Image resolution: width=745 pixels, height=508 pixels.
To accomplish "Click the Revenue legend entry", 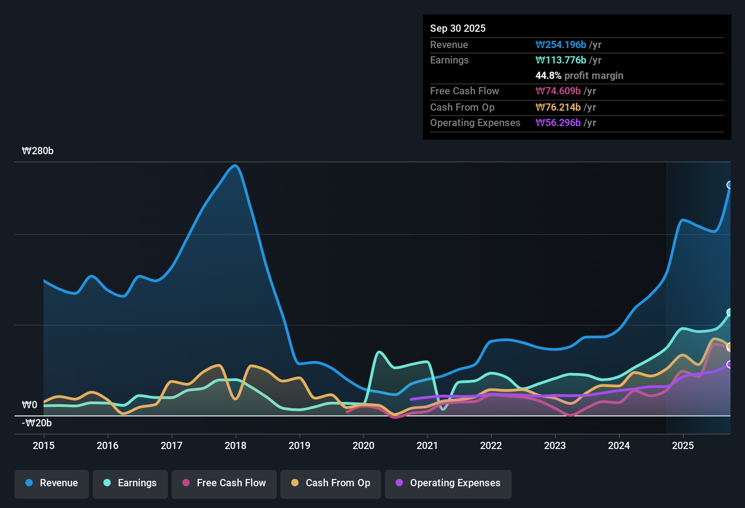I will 52,483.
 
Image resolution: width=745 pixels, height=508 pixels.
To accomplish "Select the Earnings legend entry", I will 130,483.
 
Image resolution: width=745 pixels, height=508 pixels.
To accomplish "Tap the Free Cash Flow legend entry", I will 224,483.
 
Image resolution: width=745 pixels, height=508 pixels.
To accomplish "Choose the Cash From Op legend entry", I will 331,483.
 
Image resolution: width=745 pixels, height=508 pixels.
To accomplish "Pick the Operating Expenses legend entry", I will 448,483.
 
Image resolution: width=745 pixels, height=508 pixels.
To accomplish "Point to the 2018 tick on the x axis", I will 235,445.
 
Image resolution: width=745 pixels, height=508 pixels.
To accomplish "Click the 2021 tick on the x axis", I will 427,445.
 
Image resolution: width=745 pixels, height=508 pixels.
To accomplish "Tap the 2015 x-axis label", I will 44,445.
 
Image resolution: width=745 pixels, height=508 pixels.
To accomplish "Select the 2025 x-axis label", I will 683,445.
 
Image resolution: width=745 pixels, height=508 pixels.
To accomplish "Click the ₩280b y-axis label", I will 38,151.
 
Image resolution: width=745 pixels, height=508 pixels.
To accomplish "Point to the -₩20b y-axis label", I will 37,423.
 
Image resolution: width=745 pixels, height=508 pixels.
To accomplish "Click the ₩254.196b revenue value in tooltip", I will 561,45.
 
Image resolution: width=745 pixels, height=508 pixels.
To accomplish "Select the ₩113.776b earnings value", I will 561,60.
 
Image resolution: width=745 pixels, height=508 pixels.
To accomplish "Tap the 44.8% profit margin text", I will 579,76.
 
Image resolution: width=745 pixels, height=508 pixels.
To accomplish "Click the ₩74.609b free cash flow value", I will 558,91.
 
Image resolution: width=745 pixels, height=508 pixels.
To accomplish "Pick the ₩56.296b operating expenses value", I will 558,123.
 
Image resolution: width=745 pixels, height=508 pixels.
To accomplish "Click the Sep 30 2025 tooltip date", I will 458,29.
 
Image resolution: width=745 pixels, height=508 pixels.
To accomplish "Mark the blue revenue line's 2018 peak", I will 235,166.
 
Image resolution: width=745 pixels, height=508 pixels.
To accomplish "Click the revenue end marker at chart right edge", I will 730,185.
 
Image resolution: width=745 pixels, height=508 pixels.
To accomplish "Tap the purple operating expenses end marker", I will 730,365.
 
